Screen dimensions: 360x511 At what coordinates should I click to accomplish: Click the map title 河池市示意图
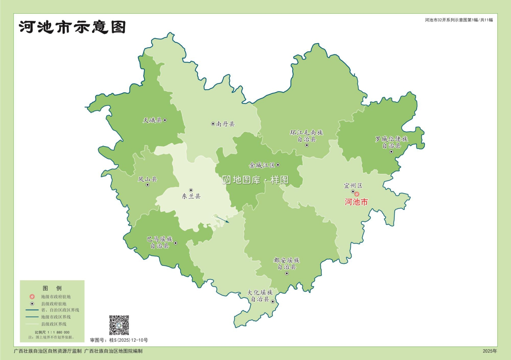[72, 27]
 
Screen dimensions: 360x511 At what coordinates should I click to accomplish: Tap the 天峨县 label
[152, 120]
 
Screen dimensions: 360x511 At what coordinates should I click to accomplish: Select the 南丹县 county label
[226, 124]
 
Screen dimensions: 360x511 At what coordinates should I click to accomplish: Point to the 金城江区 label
[262, 165]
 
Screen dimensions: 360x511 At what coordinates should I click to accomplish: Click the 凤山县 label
[147, 179]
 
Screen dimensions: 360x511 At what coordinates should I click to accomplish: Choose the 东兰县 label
[191, 196]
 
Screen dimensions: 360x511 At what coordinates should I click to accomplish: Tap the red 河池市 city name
[356, 202]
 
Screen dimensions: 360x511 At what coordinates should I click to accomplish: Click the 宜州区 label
[353, 186]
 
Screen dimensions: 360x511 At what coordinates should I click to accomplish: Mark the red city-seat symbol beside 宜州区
[357, 194]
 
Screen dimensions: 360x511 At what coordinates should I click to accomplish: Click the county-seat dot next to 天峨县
[165, 120]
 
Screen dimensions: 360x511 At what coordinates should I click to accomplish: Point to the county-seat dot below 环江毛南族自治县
[307, 145]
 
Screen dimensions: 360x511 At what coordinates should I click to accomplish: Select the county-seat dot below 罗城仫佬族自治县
[391, 152]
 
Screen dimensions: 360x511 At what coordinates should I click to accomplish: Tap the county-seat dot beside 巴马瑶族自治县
[176, 243]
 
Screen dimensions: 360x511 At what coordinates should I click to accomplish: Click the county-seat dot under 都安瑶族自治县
[287, 273]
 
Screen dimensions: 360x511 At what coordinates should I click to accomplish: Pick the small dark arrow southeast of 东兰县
[223, 219]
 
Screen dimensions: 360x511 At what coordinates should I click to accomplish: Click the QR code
[119, 325]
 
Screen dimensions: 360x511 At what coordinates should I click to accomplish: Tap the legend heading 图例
[52, 288]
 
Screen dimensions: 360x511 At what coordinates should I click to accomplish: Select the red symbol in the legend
[32, 297]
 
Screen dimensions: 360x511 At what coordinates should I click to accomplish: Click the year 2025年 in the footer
[490, 351]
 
